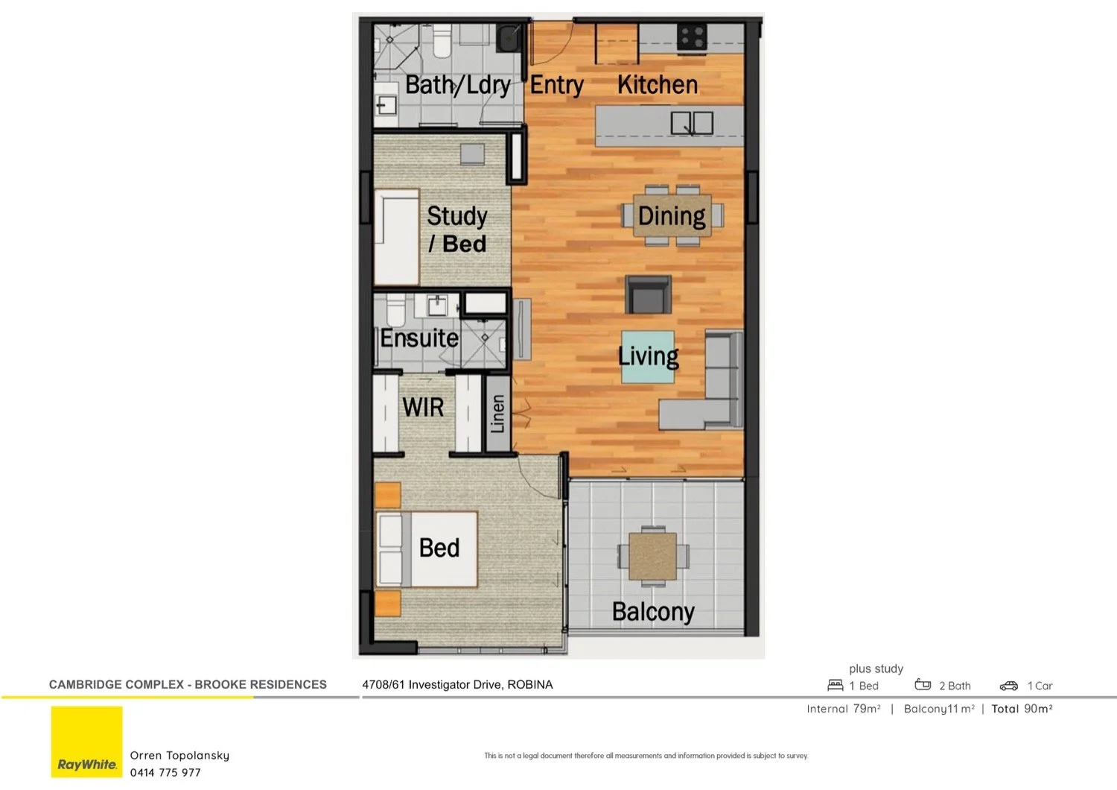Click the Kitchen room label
point(658,85)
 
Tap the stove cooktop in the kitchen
point(691,37)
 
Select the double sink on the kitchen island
point(692,123)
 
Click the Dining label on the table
point(672,216)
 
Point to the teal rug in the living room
point(648,357)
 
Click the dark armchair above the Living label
point(648,294)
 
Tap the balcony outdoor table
point(653,556)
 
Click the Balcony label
point(653,612)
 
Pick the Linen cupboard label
point(497,414)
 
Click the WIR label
point(423,408)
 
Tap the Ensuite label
point(419,338)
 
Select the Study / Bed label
point(457,230)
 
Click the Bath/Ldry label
point(457,85)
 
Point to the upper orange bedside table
point(387,495)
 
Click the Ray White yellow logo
point(86,742)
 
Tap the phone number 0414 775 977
point(165,773)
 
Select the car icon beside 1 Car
point(1008,686)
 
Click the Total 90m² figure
point(1022,709)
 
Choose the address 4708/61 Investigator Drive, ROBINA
point(457,685)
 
